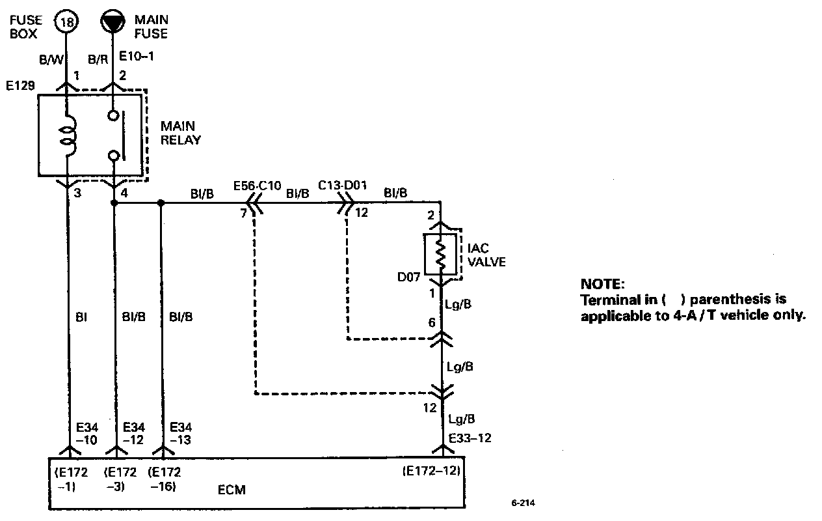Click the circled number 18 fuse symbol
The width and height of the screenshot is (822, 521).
[x=67, y=23]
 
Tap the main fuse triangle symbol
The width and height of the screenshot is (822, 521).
[x=114, y=22]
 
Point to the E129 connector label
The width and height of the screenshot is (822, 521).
[x=18, y=86]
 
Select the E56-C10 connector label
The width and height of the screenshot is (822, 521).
[x=257, y=186]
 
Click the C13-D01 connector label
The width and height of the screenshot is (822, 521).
[x=343, y=186]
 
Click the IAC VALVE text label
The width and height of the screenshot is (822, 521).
[x=484, y=255]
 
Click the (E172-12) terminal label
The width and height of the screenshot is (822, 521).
[x=431, y=472]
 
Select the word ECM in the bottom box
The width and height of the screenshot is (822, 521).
[x=231, y=490]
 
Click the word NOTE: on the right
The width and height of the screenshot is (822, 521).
[x=602, y=285]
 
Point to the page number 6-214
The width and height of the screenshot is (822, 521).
[x=525, y=503]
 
